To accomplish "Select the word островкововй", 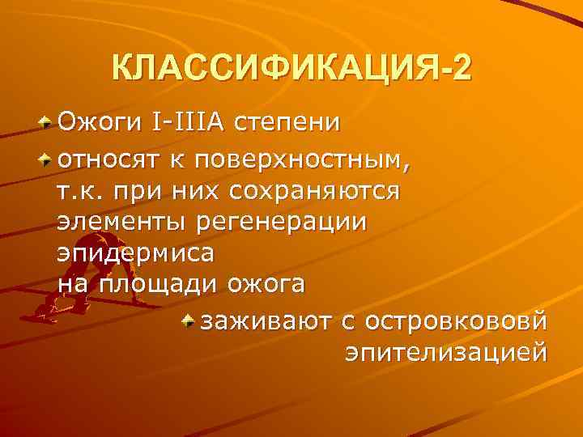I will tap(456, 322).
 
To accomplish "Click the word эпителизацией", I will tap(445, 354).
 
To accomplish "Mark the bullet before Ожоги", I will tap(47, 123).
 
